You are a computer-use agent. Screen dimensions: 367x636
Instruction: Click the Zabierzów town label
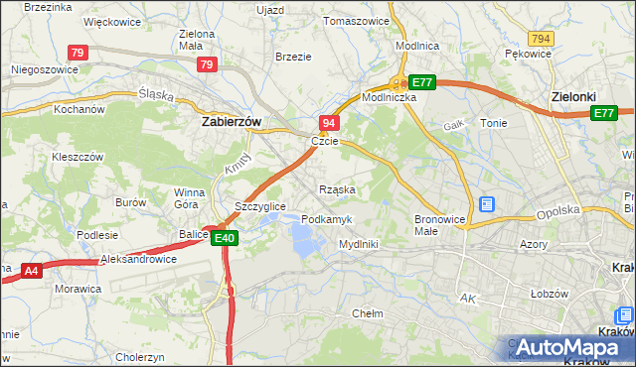click(231, 121)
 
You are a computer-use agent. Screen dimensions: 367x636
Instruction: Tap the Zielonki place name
click(574, 97)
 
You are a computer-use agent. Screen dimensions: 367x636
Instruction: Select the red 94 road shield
click(330, 122)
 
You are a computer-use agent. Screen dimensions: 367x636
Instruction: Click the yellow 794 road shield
click(541, 38)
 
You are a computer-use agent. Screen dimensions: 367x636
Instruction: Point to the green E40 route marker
click(224, 238)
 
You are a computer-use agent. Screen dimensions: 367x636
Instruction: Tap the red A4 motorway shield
click(31, 269)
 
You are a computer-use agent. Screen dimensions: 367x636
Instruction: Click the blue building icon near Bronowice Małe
click(487, 204)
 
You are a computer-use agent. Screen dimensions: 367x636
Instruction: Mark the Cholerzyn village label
click(139, 357)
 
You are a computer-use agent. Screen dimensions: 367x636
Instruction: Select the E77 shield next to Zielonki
click(603, 114)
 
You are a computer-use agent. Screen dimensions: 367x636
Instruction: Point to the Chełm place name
click(368, 312)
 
